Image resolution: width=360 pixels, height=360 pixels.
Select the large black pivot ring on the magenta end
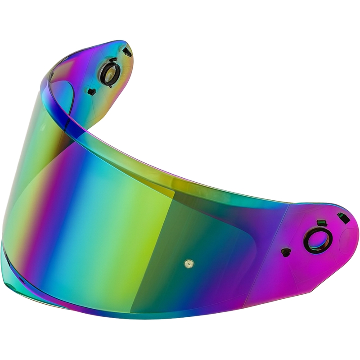point(318,240)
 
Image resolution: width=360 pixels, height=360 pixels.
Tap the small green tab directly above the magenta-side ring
point(321,223)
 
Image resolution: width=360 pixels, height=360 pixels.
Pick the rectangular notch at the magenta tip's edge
point(343,218)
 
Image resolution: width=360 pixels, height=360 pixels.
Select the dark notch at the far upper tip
point(127,52)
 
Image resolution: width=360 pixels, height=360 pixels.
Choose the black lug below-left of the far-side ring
point(92,92)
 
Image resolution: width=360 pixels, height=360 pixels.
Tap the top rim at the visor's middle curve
point(180,178)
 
